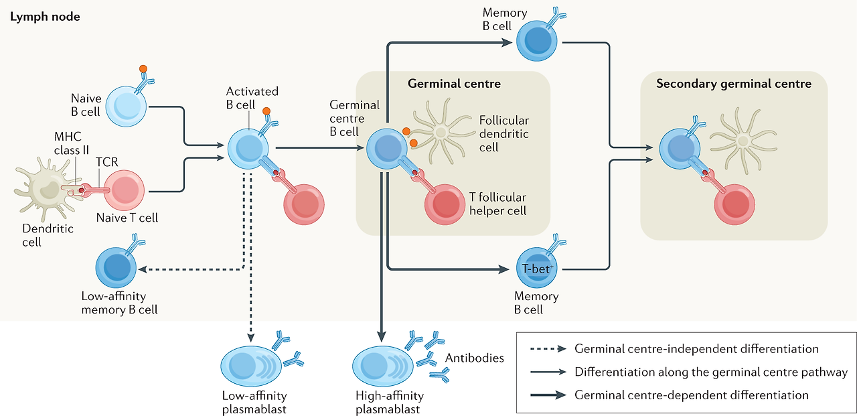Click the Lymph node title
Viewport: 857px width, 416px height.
click(44, 17)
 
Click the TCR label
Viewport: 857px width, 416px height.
click(107, 162)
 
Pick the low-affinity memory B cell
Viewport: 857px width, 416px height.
click(116, 267)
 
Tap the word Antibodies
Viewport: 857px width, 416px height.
click(474, 358)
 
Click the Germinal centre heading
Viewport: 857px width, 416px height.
click(454, 84)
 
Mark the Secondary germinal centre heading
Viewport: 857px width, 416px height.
click(733, 84)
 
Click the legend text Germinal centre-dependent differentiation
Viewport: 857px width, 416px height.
click(691, 395)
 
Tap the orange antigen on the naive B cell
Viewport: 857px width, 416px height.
click(143, 68)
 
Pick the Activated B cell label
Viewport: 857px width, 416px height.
click(252, 97)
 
